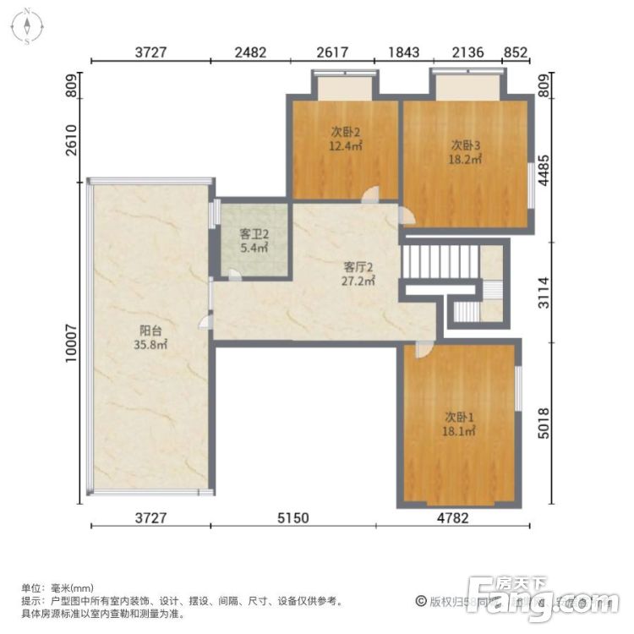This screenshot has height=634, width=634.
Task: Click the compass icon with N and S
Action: (27, 25)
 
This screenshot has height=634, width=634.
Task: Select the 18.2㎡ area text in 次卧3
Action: (466, 158)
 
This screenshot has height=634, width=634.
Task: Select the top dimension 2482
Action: (250, 52)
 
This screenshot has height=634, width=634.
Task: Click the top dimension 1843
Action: (403, 52)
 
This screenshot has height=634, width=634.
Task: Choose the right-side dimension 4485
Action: (545, 167)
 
